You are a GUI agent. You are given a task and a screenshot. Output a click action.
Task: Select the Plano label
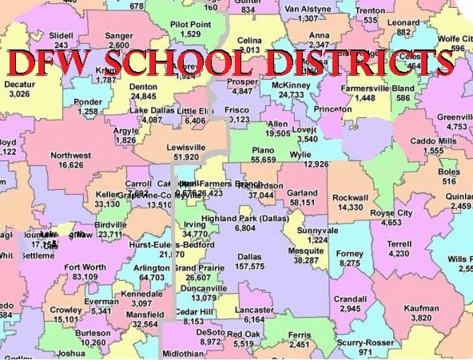click(x=262, y=149)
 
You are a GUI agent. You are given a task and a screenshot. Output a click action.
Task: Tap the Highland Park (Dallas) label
click(x=245, y=218)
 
